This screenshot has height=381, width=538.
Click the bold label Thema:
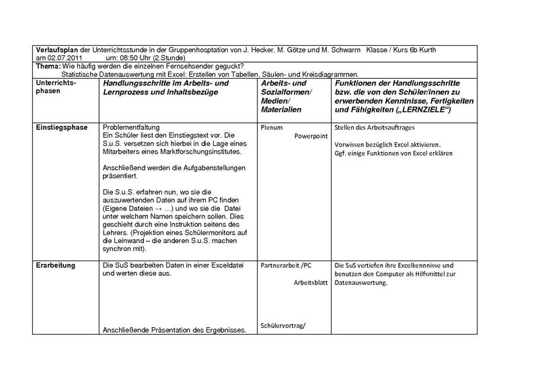click(47, 66)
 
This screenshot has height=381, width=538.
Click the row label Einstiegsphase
click(63, 127)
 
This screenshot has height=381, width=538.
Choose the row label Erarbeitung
click(56, 265)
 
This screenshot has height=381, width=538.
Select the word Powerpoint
click(311, 135)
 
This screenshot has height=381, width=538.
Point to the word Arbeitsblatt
click(309, 283)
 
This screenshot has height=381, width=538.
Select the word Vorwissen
click(350, 144)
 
